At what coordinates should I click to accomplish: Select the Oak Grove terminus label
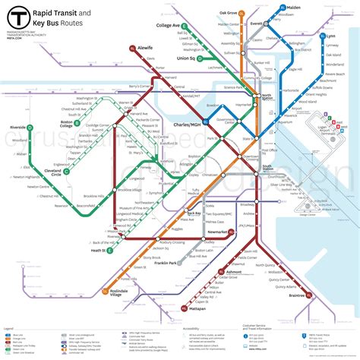228,13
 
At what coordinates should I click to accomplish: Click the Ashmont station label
233,272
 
